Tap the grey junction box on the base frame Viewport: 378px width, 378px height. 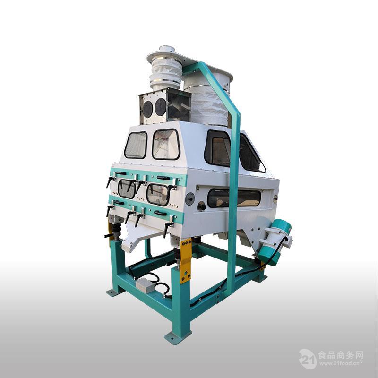[x=145, y=285]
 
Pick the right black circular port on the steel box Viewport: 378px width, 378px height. [x=160, y=107]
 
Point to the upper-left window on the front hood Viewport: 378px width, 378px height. [x=136, y=145]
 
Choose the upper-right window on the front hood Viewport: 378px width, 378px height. [x=166, y=144]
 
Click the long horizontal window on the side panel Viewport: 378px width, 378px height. [x=234, y=198]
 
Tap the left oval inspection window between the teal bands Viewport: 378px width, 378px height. [x=127, y=189]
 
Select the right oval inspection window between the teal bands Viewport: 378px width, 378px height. [x=157, y=194]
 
